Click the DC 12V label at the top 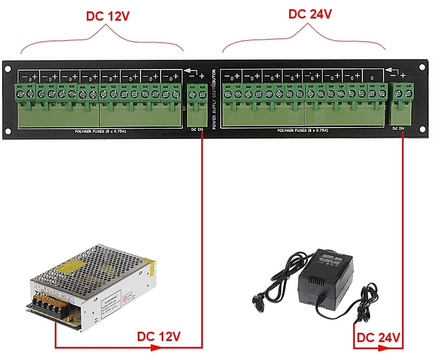(x=107, y=16)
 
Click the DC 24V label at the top (x=310, y=14)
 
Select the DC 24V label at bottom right (x=379, y=338)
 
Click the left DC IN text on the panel (x=197, y=130)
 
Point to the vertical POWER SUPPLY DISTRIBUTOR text (x=215, y=99)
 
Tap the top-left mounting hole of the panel (x=8, y=68)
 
